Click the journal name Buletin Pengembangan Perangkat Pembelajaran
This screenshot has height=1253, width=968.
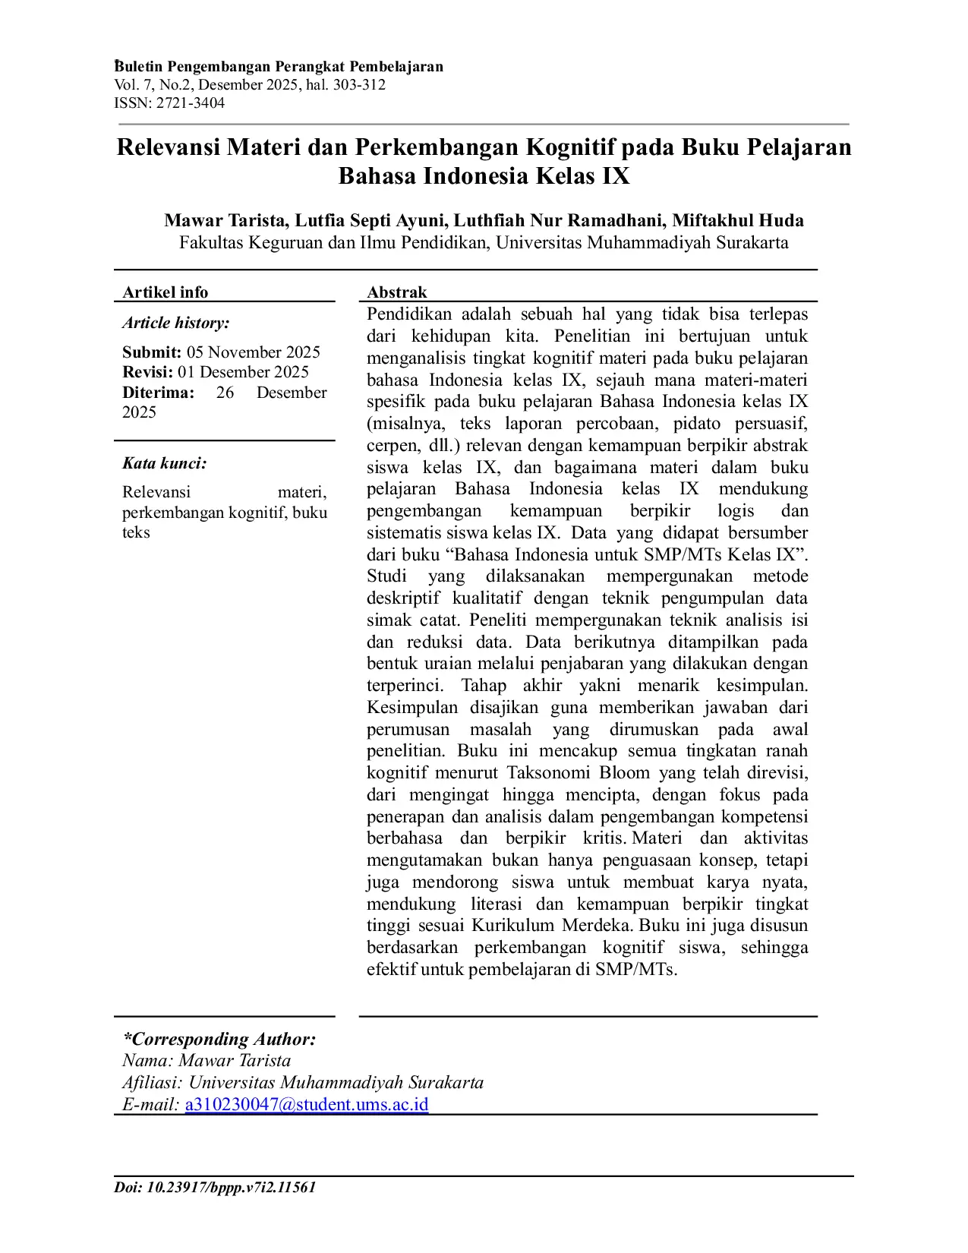(x=279, y=67)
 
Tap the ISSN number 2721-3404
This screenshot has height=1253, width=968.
(x=191, y=103)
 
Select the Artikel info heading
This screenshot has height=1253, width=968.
(x=166, y=292)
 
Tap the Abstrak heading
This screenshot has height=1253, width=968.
(x=397, y=292)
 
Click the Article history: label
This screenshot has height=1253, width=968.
(x=176, y=323)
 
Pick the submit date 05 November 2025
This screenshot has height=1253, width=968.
(x=254, y=352)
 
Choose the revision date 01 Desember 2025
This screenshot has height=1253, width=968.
(x=243, y=372)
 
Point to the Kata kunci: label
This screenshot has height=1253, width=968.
(x=165, y=463)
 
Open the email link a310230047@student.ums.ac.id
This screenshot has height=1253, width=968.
(x=307, y=1104)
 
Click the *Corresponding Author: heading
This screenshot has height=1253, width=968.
(x=219, y=1039)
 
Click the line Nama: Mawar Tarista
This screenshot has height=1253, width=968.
(x=207, y=1061)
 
